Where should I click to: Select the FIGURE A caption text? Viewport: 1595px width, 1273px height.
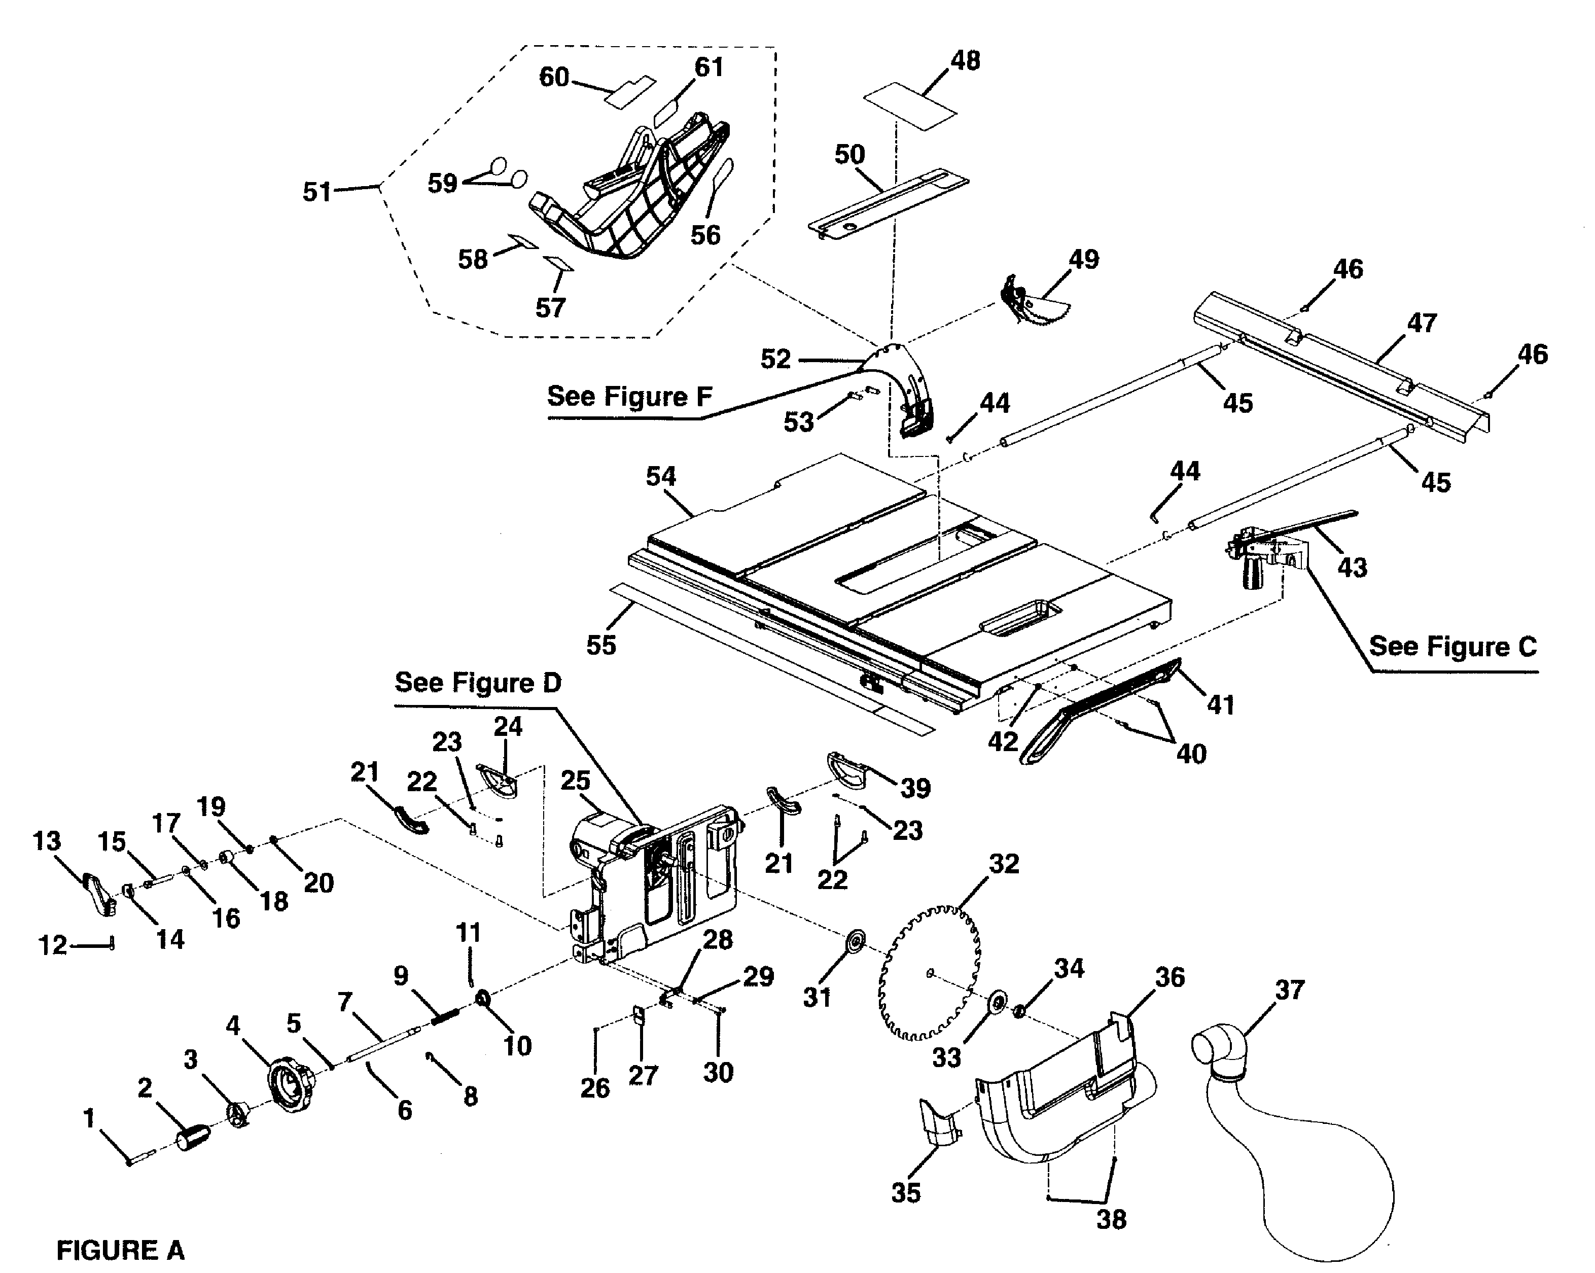click(x=121, y=1250)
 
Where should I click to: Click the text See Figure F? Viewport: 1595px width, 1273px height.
click(x=629, y=397)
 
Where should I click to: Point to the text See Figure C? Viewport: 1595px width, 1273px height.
click(x=1452, y=647)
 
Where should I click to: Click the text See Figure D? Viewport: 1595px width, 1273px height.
click(x=478, y=683)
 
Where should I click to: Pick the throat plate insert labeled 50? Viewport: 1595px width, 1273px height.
click(x=888, y=206)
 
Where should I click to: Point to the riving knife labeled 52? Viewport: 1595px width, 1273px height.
click(x=906, y=384)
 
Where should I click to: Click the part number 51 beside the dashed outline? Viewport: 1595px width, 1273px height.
click(x=316, y=192)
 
